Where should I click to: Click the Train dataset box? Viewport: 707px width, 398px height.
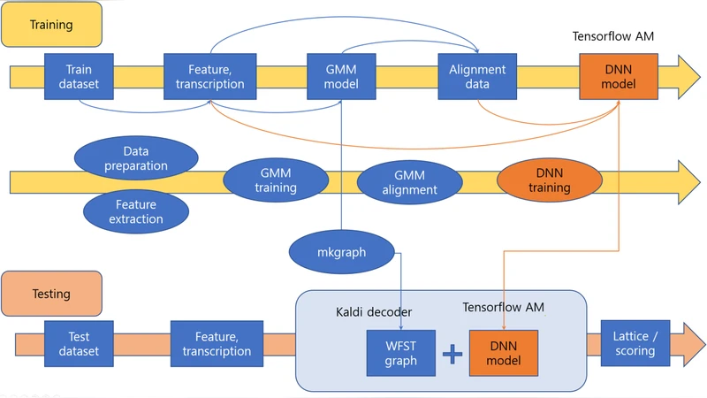click(80, 76)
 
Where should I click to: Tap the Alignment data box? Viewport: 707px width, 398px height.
click(477, 76)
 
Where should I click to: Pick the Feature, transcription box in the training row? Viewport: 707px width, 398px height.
click(210, 76)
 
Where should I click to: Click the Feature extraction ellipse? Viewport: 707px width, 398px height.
click(135, 210)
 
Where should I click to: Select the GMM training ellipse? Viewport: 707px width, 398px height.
click(275, 180)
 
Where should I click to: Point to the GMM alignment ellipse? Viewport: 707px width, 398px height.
click(409, 183)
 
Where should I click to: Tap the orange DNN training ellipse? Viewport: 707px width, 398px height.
click(549, 180)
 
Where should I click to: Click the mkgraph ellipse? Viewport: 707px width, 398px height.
click(341, 252)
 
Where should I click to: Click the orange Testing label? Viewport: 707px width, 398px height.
click(51, 294)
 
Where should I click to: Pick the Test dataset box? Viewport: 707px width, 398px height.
click(80, 344)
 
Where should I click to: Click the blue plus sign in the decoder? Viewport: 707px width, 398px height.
click(452, 354)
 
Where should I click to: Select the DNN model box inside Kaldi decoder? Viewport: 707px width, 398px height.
click(503, 352)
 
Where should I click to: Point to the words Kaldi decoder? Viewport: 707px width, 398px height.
click(374, 312)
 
